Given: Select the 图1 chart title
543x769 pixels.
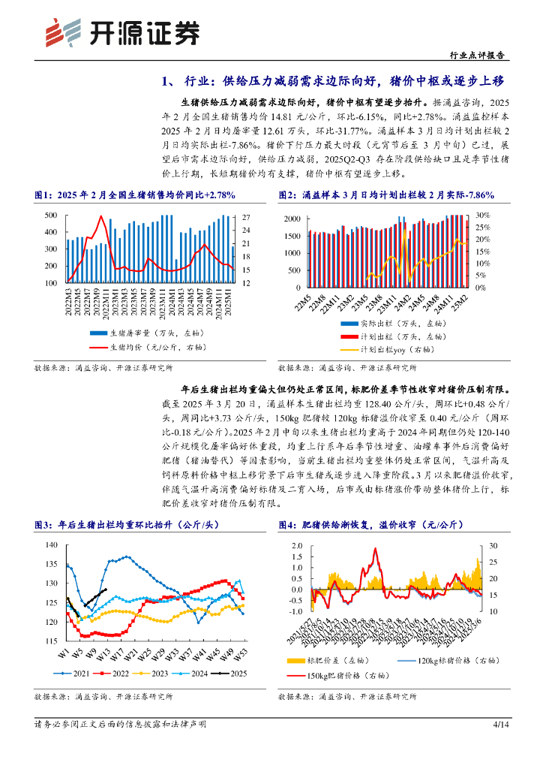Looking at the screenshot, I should (135, 195).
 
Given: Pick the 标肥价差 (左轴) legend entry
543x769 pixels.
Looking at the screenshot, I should (337, 659).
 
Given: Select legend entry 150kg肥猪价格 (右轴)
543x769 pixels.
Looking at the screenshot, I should (349, 676).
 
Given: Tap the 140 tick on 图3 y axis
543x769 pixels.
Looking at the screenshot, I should (51, 544).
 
